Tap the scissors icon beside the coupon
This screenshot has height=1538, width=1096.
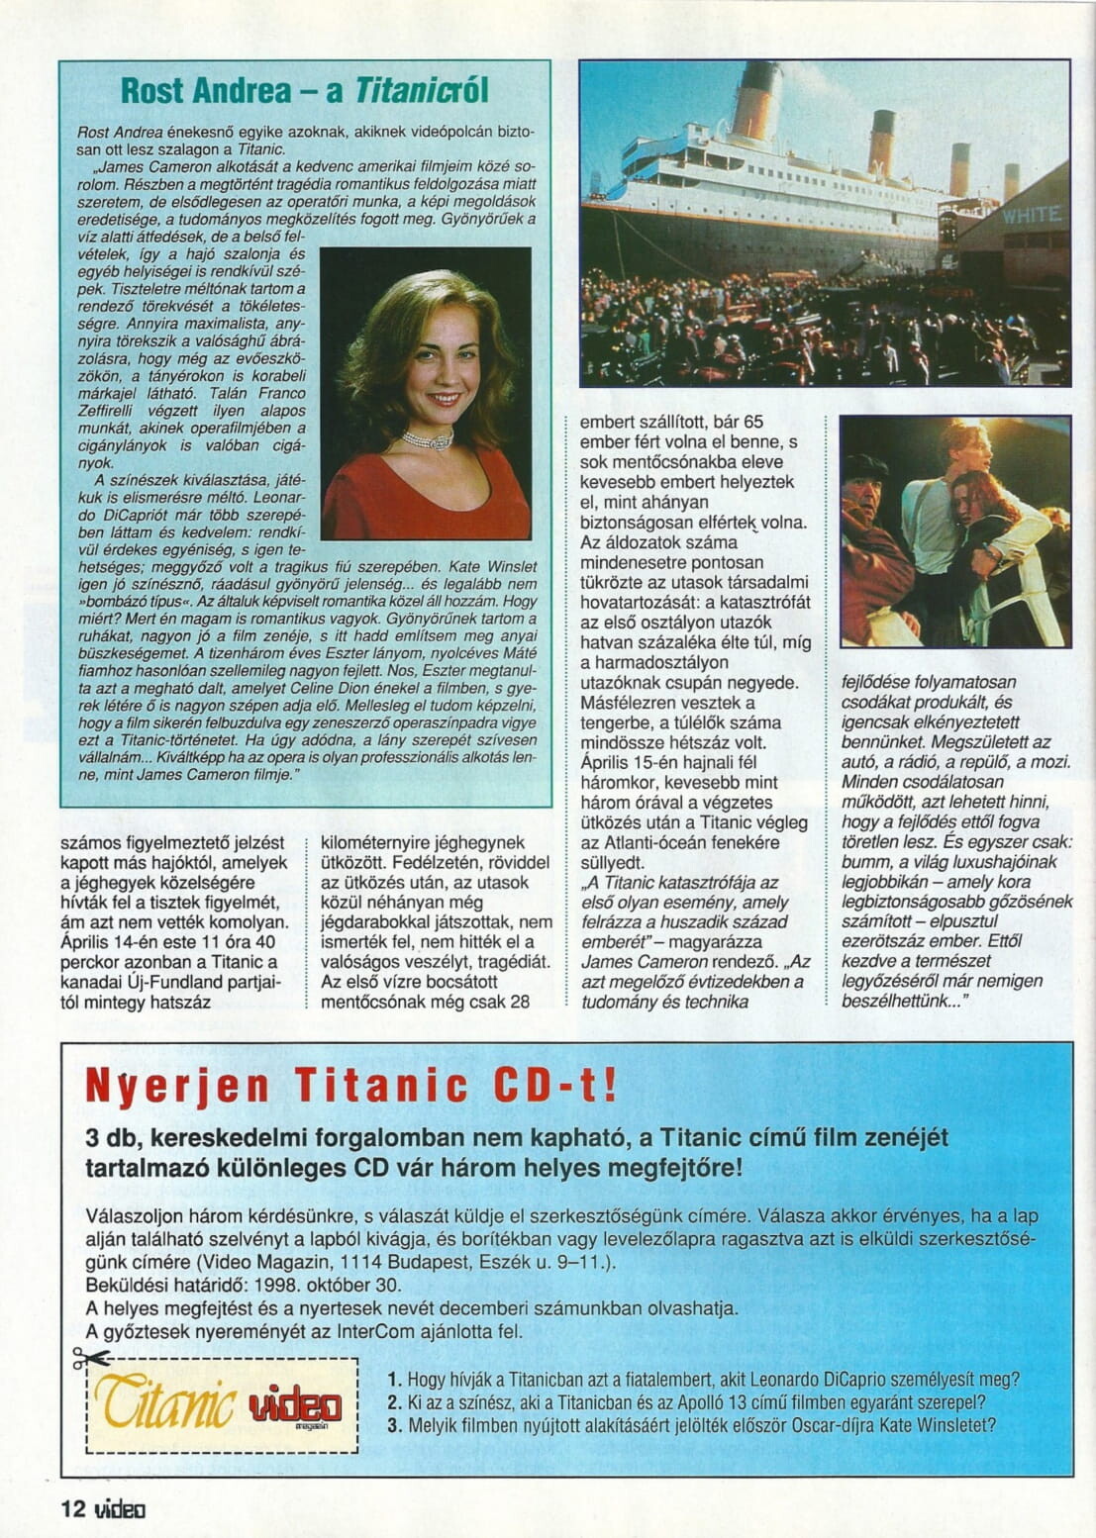pos(91,1359)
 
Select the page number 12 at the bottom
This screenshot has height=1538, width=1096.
pos(74,1508)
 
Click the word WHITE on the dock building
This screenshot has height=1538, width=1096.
pos(1032,215)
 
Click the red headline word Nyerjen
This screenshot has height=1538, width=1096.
pos(176,1086)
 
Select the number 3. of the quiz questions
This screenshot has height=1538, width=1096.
pos(394,1425)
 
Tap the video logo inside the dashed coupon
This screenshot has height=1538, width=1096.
pos(295,1405)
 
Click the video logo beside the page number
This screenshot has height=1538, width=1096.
pos(120,1509)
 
